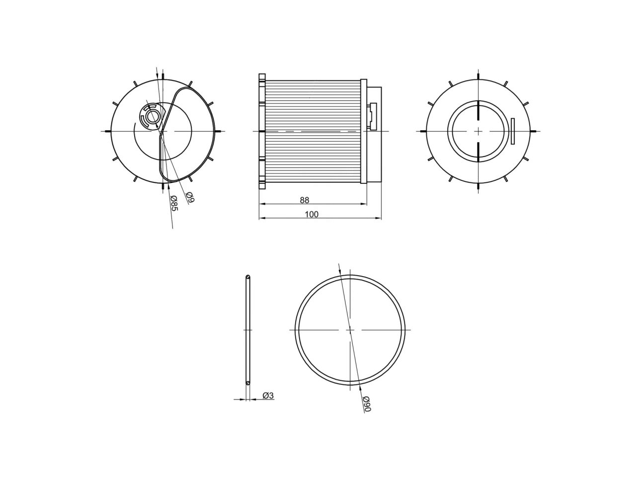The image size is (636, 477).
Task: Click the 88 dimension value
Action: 305,200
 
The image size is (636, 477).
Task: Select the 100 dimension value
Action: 312,214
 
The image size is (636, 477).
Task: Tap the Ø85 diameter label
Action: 174,203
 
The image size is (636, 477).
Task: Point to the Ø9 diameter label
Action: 190,197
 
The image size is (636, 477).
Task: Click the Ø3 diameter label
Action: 268,396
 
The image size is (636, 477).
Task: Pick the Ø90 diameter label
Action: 367,403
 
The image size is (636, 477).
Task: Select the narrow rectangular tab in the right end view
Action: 513,131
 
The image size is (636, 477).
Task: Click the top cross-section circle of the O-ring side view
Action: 248,277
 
